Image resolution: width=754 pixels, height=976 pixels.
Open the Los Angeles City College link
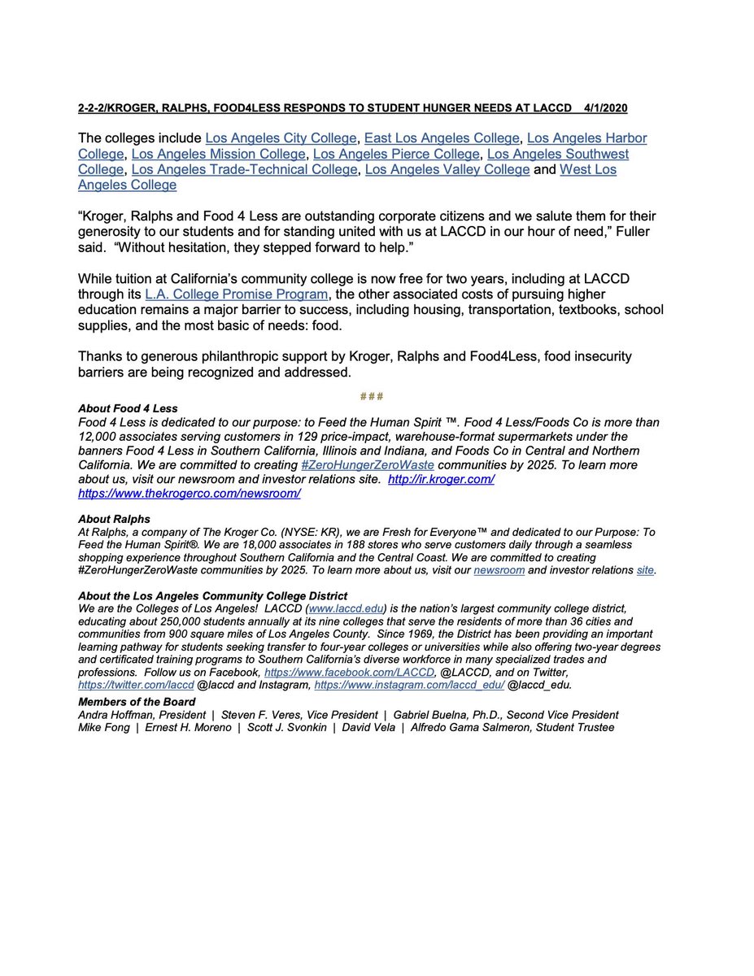pyautogui.click(x=281, y=138)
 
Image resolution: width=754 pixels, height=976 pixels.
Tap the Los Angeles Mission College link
pyautogui.click(x=219, y=154)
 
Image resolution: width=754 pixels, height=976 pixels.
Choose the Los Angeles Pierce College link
pyautogui.click(x=396, y=154)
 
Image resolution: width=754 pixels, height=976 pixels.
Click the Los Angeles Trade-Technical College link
pyautogui.click(x=244, y=169)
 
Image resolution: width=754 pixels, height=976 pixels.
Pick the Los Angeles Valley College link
pyautogui.click(x=447, y=169)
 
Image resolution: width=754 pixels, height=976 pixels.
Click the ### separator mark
pyautogui.click(x=372, y=396)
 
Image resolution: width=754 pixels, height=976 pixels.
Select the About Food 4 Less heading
pyautogui.click(x=128, y=408)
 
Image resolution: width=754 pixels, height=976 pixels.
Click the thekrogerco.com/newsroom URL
pyautogui.click(x=190, y=493)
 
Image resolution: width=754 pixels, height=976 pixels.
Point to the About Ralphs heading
pyautogui.click(x=114, y=519)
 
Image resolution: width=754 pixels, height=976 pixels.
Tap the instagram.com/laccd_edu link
pyautogui.click(x=413, y=685)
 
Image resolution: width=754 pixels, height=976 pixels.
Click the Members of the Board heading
pyautogui.click(x=137, y=702)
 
